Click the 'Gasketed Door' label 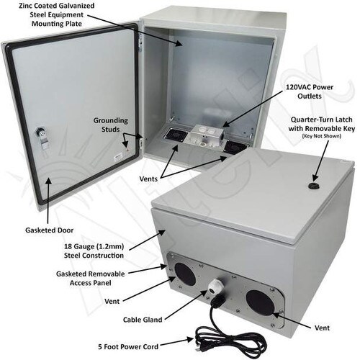pyautogui.click(x=49, y=230)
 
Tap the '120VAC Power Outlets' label pyautogui.click(x=310, y=91)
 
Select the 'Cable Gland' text pyautogui.click(x=143, y=320)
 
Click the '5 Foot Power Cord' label pyautogui.click(x=128, y=347)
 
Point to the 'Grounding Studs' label pyautogui.click(x=110, y=125)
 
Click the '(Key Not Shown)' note pyautogui.click(x=322, y=136)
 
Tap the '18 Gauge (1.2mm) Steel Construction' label pyautogui.click(x=94, y=251)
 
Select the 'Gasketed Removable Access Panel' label pyautogui.click(x=91, y=279)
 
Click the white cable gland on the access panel pyautogui.click(x=214, y=287)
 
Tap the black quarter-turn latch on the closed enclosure pyautogui.click(x=314, y=186)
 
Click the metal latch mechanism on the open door pyautogui.click(x=42, y=139)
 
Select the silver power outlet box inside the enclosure pyautogui.click(x=205, y=136)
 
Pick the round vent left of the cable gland pyautogui.click(x=185, y=274)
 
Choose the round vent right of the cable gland pyautogui.click(x=260, y=303)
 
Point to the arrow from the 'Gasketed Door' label pyautogui.click(x=48, y=201)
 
